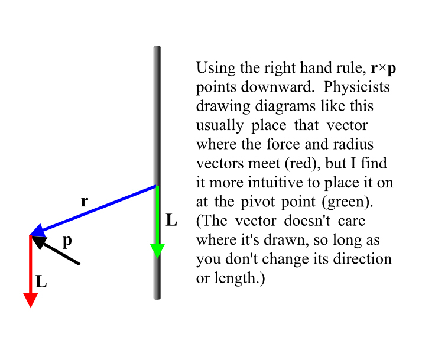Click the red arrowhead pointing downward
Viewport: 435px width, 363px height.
(31, 300)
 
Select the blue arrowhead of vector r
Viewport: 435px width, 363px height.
(38, 231)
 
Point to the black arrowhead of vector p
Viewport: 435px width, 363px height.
(40, 242)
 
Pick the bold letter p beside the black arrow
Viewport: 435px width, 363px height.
(67, 241)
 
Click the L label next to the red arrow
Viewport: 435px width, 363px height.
(41, 281)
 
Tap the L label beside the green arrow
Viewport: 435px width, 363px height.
(171, 221)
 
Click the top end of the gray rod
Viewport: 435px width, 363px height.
(157, 47)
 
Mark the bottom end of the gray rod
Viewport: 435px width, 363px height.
(157, 299)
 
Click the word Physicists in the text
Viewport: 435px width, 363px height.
(356, 87)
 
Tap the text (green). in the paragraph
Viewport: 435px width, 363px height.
(348, 202)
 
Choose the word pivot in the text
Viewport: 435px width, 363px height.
(258, 202)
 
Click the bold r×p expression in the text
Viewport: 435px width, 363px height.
(384, 69)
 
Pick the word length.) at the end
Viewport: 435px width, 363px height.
(240, 278)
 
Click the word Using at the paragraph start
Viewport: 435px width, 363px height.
(216, 68)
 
